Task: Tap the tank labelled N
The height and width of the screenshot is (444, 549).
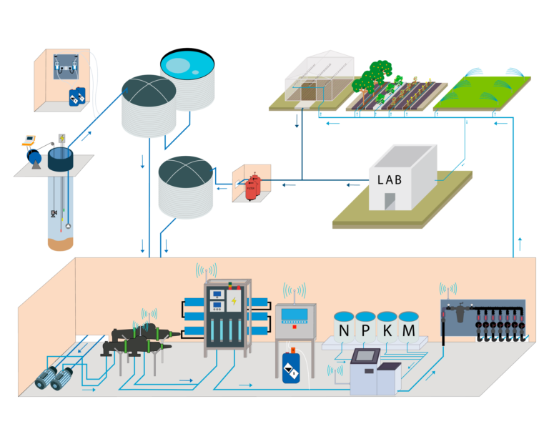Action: [344, 330]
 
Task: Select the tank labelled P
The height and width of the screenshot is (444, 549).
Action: [365, 330]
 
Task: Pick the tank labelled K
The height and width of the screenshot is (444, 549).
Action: [387, 330]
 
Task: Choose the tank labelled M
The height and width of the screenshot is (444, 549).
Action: [408, 330]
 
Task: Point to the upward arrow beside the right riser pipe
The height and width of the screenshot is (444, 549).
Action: [520, 241]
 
